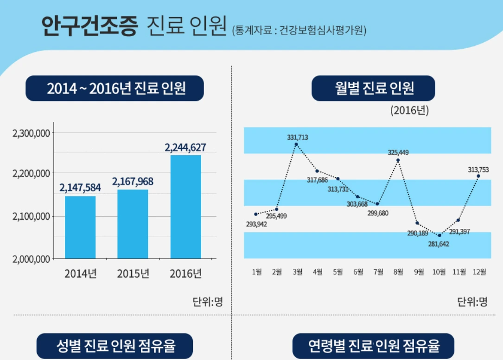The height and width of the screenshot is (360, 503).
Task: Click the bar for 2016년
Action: pos(185,207)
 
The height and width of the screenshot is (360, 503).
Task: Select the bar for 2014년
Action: pos(80,227)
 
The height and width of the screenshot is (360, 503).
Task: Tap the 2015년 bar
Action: pos(133,224)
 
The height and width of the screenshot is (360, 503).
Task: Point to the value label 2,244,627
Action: pos(185,148)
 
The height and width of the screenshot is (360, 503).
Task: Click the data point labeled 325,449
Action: pos(398,160)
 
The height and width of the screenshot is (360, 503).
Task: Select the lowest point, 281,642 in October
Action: pos(439,235)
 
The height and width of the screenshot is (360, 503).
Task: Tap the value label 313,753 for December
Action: pos(478,170)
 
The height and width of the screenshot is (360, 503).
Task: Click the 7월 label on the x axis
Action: pos(378,272)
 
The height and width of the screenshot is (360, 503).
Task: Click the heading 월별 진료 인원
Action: pos(373,88)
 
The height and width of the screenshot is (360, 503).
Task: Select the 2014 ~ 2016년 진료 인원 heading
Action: pos(115,88)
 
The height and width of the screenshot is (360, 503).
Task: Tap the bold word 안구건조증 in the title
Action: pos(89,26)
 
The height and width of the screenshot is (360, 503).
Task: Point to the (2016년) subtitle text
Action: pos(409,111)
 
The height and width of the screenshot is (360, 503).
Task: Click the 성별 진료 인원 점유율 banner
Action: pos(115,346)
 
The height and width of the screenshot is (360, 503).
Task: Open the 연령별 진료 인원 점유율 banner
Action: pos(373,346)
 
